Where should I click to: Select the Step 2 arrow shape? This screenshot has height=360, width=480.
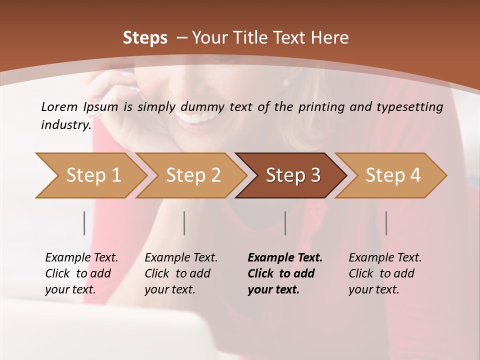tap(192, 175)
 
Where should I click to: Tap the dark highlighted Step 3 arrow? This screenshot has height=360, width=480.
tap(292, 175)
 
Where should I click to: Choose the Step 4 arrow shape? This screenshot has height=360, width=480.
tap(392, 175)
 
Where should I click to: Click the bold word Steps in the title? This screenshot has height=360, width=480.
tap(145, 38)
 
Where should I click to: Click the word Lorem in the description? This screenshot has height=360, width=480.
tap(59, 106)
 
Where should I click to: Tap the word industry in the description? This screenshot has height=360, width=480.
tap(65, 124)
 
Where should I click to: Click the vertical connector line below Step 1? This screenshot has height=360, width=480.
tap(84, 223)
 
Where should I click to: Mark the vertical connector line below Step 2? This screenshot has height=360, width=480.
tap(184, 223)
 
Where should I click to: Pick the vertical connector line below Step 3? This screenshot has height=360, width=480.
tap(285, 223)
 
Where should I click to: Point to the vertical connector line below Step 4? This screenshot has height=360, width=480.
tap(386, 223)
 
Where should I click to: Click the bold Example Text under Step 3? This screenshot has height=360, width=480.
tap(285, 257)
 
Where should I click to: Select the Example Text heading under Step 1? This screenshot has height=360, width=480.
tap(81, 257)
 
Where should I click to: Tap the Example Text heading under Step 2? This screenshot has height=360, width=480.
tap(181, 257)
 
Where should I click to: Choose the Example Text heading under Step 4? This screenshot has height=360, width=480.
tap(385, 257)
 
